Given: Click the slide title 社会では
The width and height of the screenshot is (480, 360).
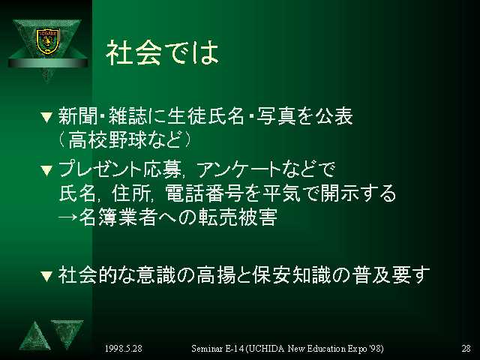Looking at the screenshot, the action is point(163,52).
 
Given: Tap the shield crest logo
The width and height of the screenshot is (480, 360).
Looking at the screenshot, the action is point(47,41).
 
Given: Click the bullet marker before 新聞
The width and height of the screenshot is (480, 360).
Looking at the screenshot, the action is point(46,118).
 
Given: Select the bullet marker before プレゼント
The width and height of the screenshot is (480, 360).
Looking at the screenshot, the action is point(46,170).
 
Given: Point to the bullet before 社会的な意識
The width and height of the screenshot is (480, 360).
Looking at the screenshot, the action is point(46,276).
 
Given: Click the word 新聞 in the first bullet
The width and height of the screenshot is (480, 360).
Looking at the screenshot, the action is point(78,116).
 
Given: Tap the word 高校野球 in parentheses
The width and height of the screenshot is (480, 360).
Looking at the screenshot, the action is point(107,139).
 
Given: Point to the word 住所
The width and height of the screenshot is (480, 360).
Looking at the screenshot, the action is point(131,193).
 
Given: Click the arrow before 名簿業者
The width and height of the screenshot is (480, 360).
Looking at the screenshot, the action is point(68,217).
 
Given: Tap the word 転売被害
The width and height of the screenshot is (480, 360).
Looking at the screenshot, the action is point(238,217).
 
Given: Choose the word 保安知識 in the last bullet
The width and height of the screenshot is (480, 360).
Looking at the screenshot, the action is point(292,274).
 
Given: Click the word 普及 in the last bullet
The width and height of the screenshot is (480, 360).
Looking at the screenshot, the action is point(371,274).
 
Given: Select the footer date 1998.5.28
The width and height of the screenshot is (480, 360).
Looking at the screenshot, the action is point(123,348).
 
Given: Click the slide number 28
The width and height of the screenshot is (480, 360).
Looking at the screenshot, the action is point(466,348).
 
